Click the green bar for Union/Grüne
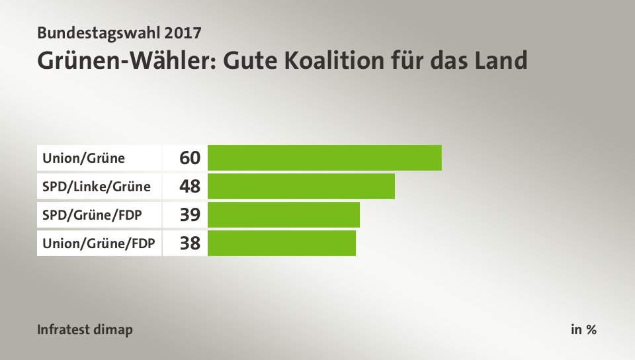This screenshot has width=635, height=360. [x=324, y=157]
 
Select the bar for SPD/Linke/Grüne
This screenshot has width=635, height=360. [x=301, y=186]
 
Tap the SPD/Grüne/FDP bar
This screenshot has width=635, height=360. [x=283, y=214]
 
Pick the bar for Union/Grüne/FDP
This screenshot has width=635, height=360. [x=281, y=243]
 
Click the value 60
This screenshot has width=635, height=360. [x=189, y=158]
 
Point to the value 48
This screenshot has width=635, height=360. [x=189, y=187]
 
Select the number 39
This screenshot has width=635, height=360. [x=189, y=215]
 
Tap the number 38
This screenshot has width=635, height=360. [x=189, y=244]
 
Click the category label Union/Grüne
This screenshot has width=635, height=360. [x=83, y=158]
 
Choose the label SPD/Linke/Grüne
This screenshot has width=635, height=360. [x=97, y=187]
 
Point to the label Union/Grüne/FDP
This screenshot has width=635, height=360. [x=99, y=244]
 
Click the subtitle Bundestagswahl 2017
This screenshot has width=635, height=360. [x=119, y=31]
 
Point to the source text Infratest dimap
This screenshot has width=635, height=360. [x=85, y=330]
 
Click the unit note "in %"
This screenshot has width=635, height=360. [x=583, y=330]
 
